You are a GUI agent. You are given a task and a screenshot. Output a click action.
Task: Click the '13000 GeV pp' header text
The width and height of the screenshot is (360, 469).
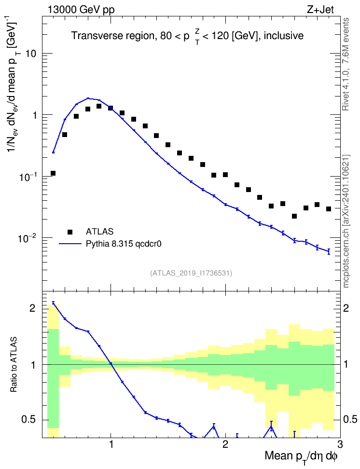81,10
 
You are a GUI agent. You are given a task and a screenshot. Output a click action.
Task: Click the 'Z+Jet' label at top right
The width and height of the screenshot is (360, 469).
320,10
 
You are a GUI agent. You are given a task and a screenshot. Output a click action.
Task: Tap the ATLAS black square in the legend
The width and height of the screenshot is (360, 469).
70,232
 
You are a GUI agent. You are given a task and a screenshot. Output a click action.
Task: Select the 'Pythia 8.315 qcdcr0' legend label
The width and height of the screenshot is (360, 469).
124,244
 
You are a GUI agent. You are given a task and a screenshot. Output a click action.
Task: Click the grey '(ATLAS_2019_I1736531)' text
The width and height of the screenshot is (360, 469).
191,273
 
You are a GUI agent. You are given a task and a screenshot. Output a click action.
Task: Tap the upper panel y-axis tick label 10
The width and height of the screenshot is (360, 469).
31,54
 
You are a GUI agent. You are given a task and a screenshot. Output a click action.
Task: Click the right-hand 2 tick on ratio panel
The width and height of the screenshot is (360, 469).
346,308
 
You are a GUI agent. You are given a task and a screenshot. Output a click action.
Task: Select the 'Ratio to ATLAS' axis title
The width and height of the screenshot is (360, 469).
14,365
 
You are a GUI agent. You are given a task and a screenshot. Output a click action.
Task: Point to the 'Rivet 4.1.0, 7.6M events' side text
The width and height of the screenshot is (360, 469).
346,64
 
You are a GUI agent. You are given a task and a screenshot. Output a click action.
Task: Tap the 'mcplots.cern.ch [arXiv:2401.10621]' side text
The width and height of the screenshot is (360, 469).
346,221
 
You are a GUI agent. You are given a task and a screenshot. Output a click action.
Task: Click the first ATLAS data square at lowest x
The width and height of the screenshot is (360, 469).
53,173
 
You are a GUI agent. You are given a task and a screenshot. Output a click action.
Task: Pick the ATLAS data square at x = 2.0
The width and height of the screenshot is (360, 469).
225,175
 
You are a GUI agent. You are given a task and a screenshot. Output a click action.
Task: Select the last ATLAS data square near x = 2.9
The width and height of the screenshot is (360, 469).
329,209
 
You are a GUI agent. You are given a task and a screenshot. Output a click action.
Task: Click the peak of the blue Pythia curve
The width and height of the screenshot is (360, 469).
88,98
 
